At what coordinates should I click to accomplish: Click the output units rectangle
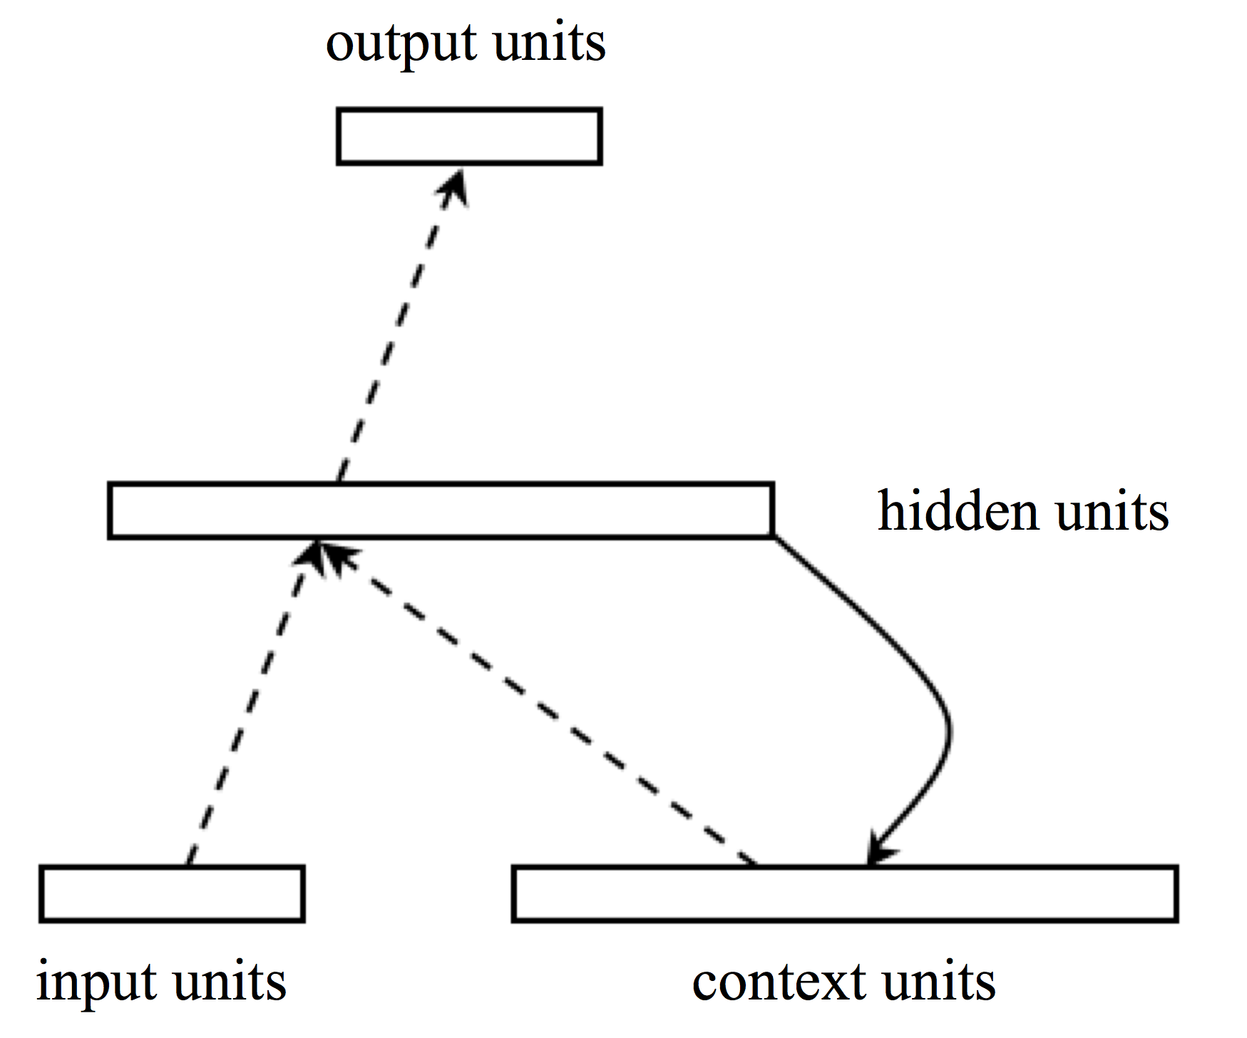coord(469,136)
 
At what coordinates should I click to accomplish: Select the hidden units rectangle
coord(441,510)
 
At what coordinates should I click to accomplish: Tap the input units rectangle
coord(172,893)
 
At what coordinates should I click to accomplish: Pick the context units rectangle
coord(844,893)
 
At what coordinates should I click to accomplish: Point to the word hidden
coord(958,511)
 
